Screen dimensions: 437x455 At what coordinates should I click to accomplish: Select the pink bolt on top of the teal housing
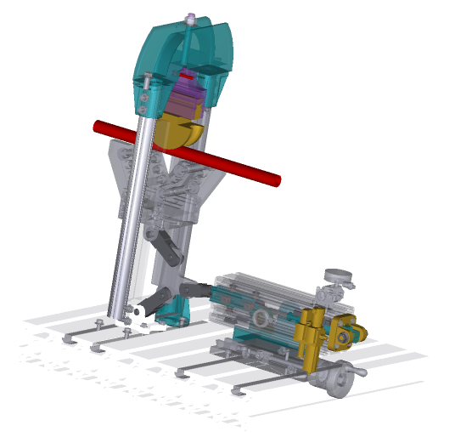[191, 17]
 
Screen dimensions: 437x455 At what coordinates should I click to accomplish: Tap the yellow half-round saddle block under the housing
[180, 131]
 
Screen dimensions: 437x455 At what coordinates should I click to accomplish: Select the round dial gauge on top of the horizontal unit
[339, 276]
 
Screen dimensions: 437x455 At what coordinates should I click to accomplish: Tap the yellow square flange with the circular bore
[344, 337]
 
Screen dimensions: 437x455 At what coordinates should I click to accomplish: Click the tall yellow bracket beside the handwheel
[309, 340]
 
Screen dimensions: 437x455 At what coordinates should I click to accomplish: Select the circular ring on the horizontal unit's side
[261, 318]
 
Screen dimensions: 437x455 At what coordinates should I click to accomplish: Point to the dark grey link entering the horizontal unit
[195, 289]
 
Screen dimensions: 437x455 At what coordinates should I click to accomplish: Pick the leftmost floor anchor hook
[69, 339]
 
